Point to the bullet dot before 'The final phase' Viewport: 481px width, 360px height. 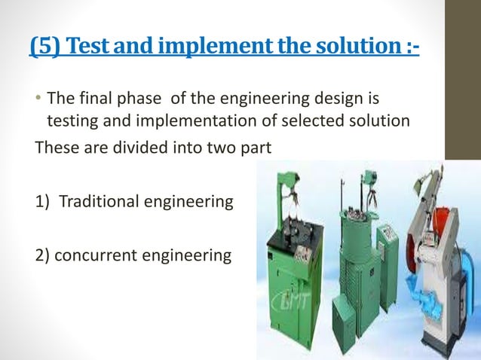point(39,99)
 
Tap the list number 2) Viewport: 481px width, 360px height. point(44,255)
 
